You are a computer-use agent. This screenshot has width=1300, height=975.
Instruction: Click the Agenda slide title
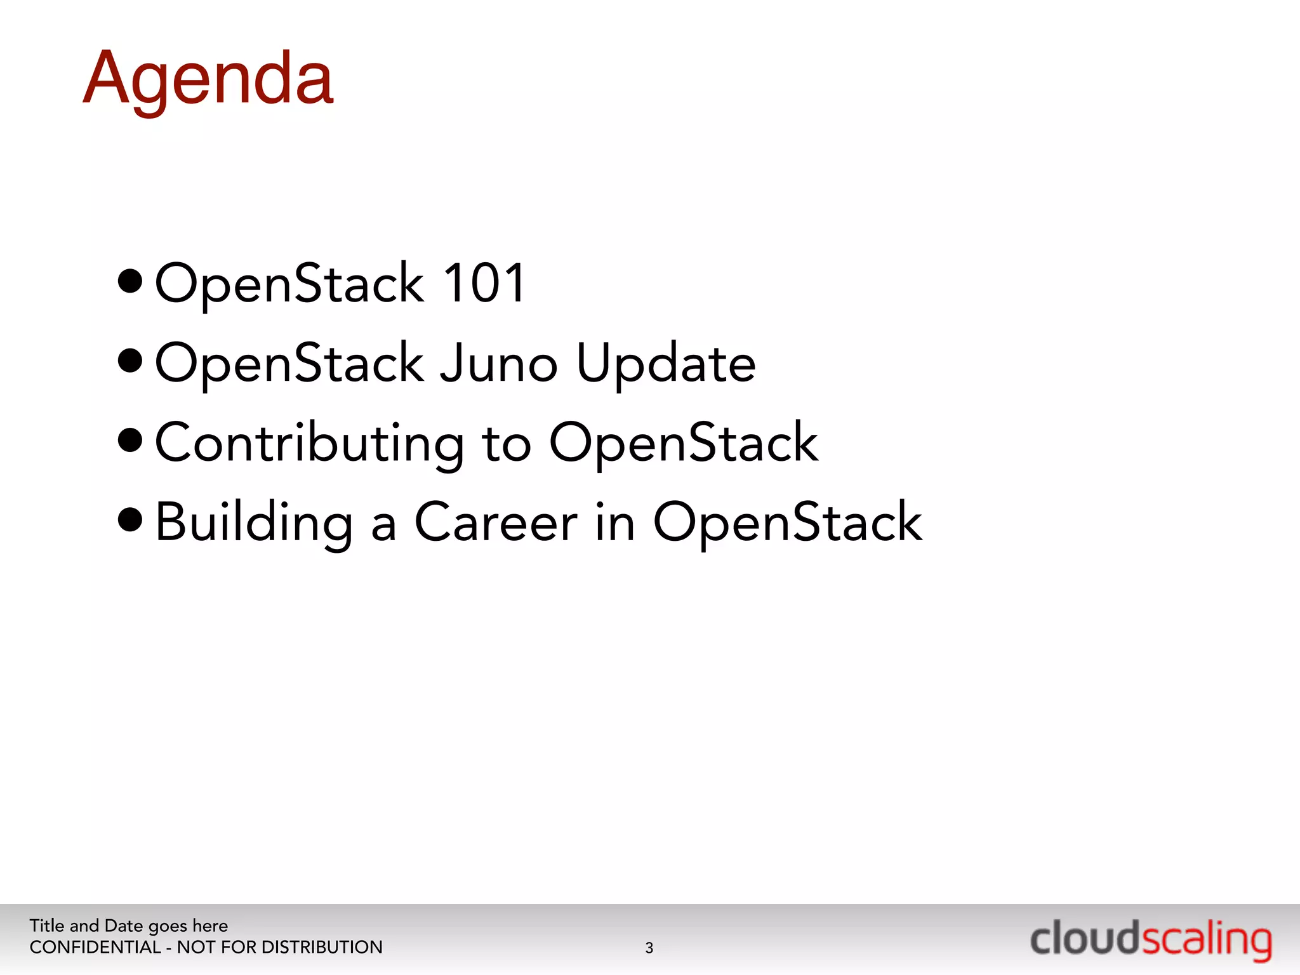208,80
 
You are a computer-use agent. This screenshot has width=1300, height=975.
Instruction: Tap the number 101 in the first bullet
484,283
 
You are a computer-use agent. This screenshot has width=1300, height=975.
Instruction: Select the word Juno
499,363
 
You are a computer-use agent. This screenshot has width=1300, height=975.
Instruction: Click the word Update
666,364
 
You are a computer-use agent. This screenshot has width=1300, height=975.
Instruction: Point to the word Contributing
310,443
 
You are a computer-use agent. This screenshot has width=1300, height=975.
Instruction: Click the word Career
496,523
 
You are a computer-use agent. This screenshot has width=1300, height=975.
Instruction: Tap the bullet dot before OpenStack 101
130,282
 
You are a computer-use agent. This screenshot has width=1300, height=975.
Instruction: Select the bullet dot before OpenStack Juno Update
130,361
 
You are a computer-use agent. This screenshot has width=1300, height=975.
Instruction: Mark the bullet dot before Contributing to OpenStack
130,441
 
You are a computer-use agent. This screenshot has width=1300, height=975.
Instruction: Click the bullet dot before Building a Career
130,520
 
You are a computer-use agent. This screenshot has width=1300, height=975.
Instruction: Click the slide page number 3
649,948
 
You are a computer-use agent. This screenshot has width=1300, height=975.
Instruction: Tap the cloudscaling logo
1150,940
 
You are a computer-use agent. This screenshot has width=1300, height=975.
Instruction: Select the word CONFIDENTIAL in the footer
95,947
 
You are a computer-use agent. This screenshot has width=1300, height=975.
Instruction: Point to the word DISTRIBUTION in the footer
322,947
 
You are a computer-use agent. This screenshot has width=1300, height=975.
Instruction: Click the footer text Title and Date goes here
128,925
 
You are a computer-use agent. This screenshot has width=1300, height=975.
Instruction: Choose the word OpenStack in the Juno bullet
289,364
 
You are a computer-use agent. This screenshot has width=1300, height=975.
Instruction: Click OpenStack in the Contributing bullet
683,443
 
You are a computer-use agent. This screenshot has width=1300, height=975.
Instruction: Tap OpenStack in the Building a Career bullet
787,523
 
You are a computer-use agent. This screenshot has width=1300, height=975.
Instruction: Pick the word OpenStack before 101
289,284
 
